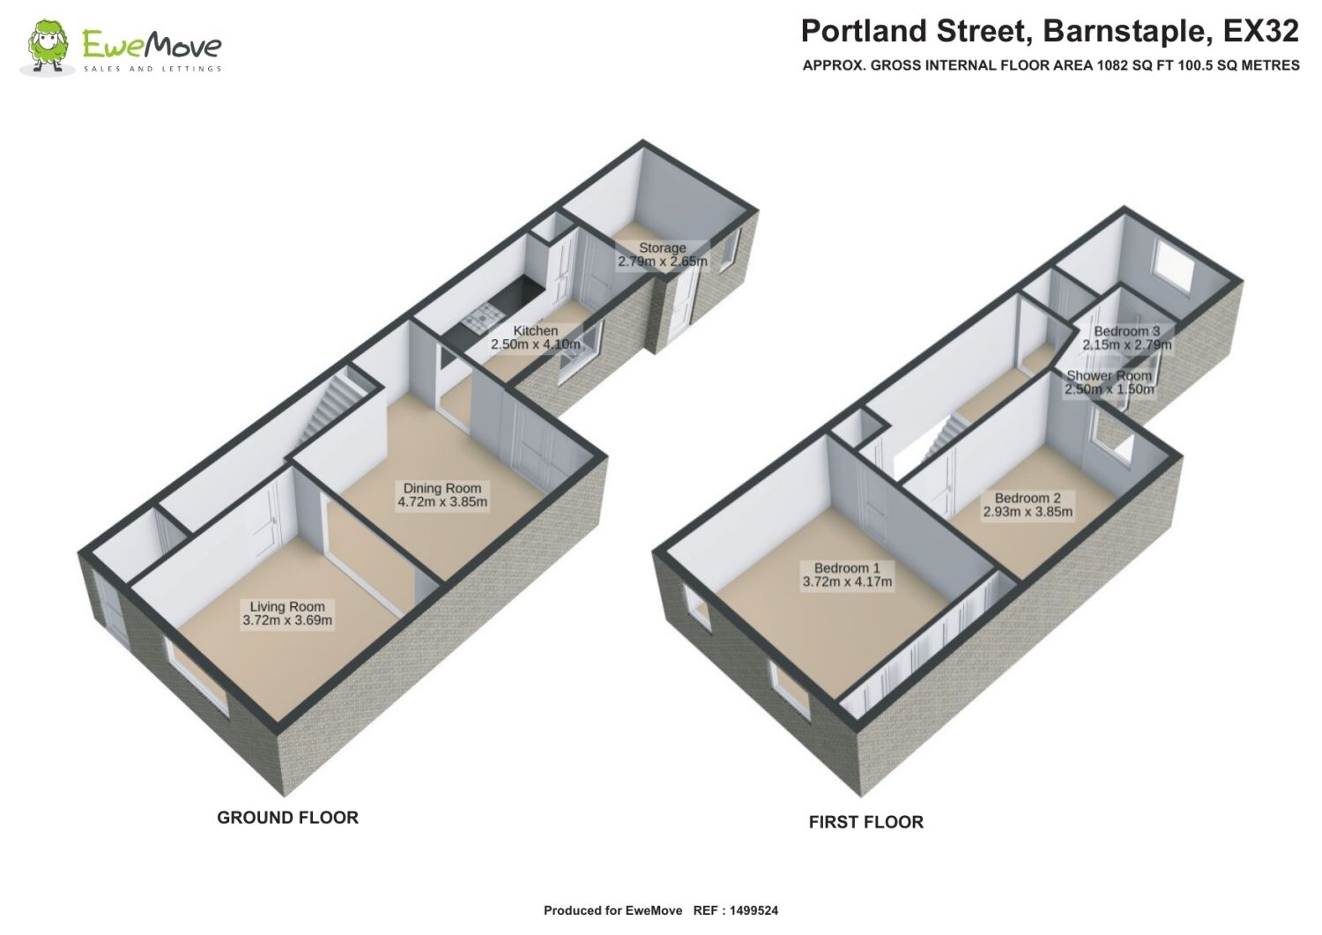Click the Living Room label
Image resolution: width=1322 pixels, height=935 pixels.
click(287, 606)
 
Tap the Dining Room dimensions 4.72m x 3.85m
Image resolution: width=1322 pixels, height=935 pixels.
click(442, 501)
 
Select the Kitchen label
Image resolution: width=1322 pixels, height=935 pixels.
click(535, 330)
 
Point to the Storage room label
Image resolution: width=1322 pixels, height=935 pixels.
click(662, 248)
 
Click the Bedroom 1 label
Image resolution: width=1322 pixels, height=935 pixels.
click(847, 568)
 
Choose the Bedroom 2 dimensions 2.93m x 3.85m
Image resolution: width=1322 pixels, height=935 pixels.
click(1028, 512)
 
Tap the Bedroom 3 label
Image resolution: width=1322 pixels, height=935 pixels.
click(1126, 331)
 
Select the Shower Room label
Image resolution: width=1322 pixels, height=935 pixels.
click(1109, 375)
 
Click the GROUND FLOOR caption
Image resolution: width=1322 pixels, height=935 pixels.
click(287, 818)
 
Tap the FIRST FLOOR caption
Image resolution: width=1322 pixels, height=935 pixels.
click(865, 821)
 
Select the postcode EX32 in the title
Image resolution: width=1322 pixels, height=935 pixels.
click(1260, 31)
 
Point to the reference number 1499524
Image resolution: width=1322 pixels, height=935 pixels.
click(754, 910)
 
